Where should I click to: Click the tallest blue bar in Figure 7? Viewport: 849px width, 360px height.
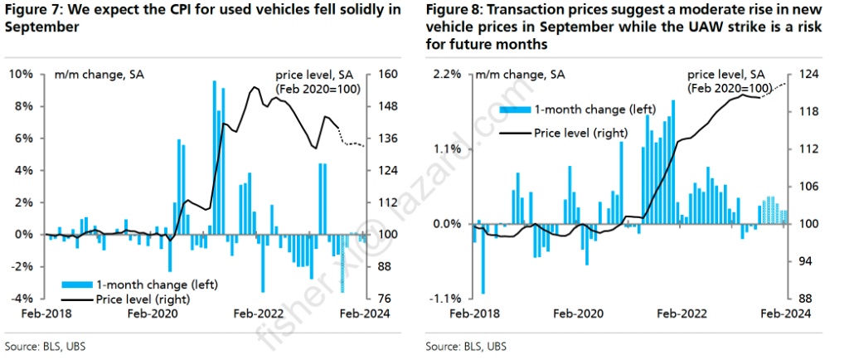215,158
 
